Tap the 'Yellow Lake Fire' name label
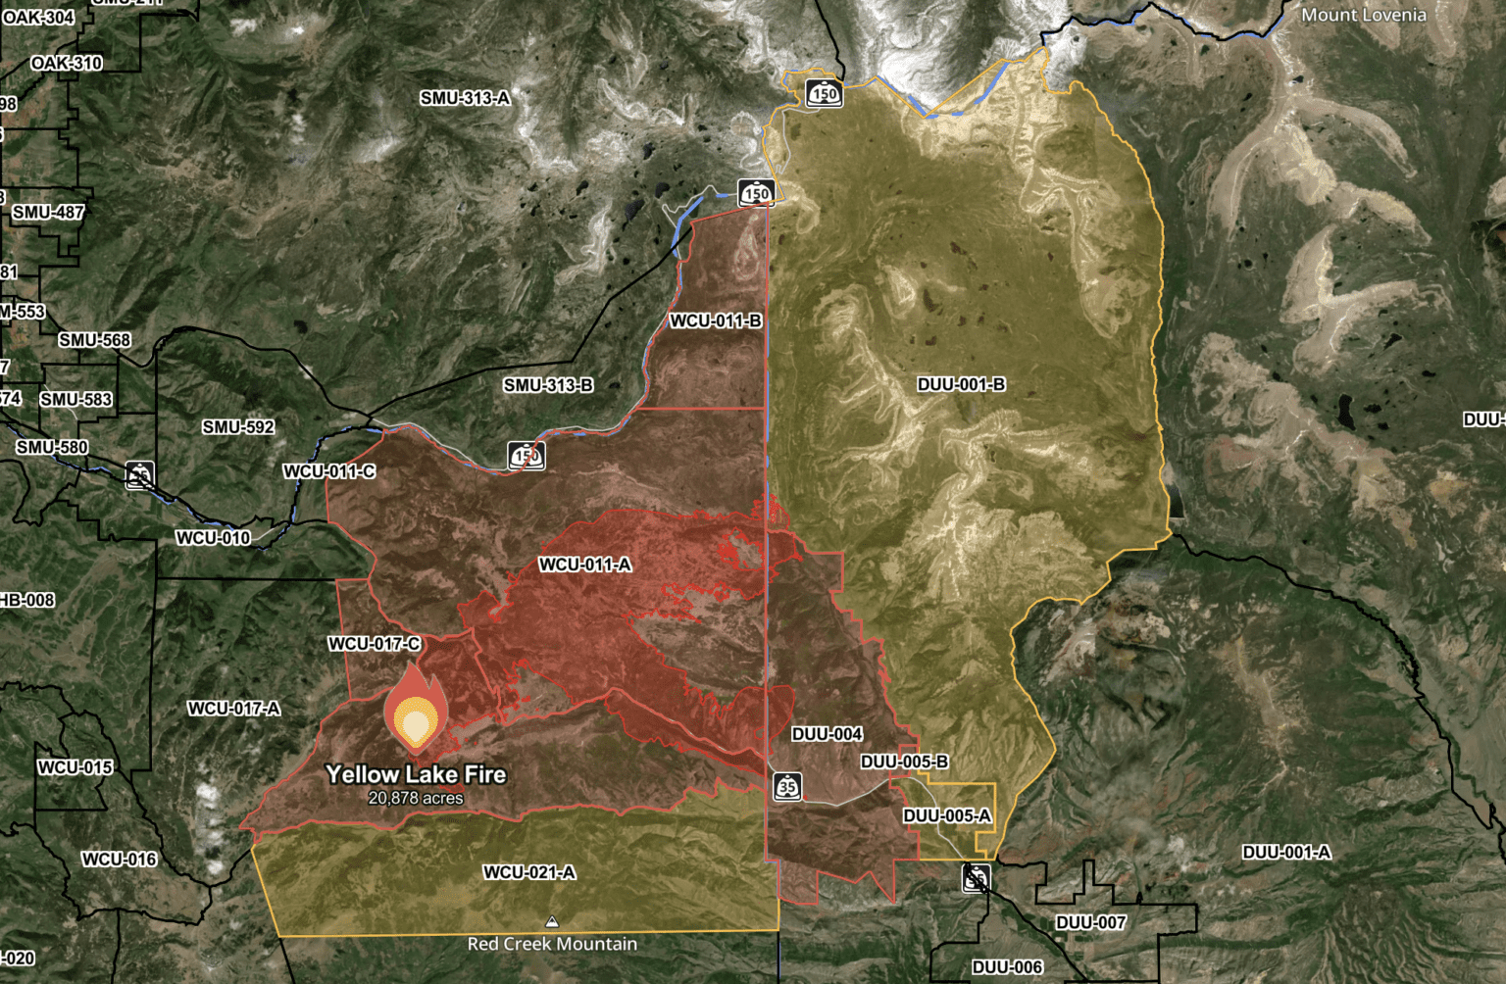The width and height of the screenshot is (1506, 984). point(416,774)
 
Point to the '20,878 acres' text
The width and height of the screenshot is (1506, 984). point(416,798)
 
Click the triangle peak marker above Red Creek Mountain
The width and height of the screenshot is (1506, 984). point(552,922)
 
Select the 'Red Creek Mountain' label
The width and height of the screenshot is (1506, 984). point(552,944)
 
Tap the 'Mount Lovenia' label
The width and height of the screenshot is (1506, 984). point(1363,15)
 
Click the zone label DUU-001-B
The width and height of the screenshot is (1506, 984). point(961,384)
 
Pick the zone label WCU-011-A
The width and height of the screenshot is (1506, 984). point(584,565)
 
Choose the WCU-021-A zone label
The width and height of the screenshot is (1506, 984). point(529,872)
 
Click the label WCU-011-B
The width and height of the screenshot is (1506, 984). point(716,320)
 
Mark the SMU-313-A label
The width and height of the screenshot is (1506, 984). point(465,98)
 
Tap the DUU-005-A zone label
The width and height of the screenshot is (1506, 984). point(947,815)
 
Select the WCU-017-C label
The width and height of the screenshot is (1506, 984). point(375,644)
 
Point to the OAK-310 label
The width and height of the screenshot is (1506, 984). point(67,63)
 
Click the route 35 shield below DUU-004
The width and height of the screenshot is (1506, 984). point(787,786)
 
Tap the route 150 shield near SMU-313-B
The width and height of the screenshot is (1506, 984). point(527,456)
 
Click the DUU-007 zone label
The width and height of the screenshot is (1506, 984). point(1090,922)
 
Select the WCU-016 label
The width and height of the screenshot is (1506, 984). point(119,860)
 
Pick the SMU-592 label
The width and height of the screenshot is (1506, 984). point(238,426)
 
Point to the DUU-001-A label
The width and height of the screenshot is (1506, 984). point(1286,852)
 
